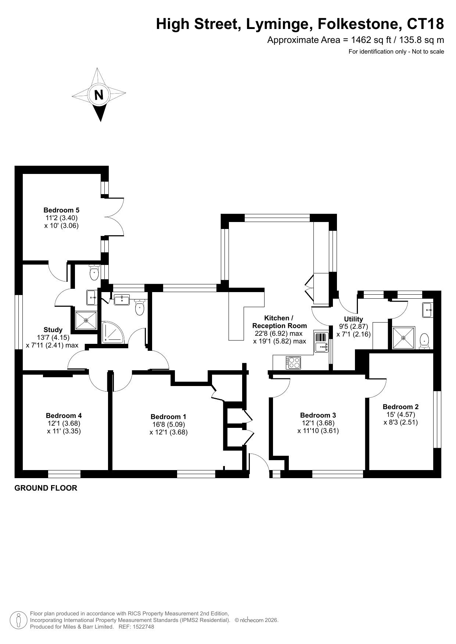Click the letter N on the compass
[x=99, y=95]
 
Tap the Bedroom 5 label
[x=61, y=210]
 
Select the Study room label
[x=53, y=330]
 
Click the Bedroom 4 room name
[x=64, y=415]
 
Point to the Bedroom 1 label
[x=168, y=416]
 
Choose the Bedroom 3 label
[x=318, y=415]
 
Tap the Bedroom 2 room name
[x=401, y=407]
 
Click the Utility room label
[x=353, y=319]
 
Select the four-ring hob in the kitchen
[x=293, y=363]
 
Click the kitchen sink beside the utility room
[x=321, y=342]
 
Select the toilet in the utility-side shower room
[x=425, y=341]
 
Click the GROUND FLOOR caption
[x=46, y=488]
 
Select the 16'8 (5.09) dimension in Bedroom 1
[x=169, y=425]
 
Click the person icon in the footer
[x=18, y=620]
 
